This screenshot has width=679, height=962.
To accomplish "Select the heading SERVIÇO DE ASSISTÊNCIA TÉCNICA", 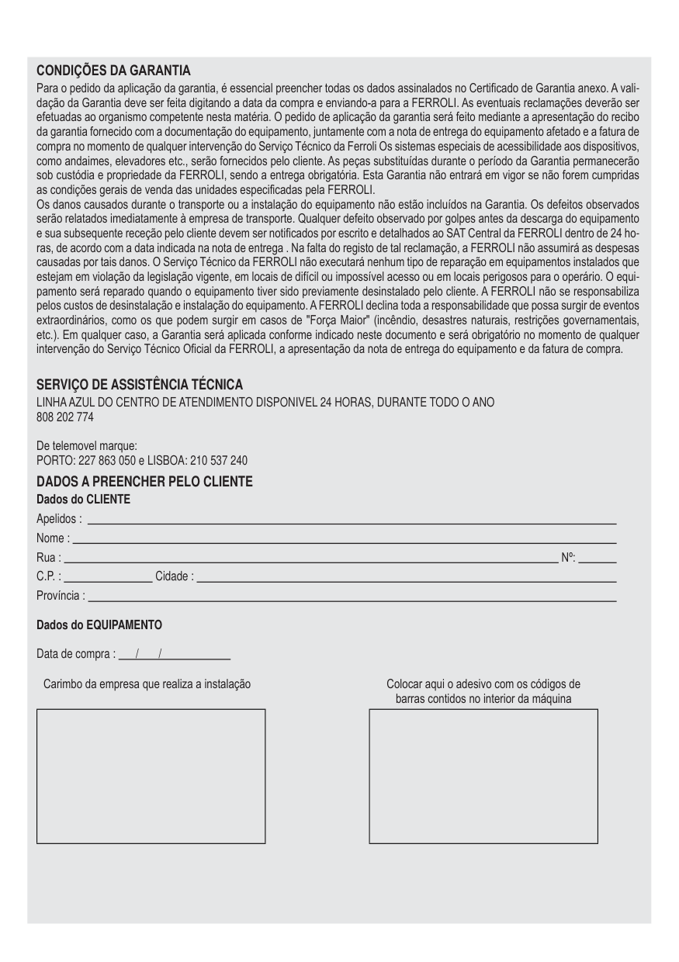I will (x=140, y=384).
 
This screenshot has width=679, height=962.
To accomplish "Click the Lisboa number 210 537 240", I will (x=219, y=460).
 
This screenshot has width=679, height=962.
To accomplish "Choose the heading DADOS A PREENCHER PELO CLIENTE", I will (x=144, y=482).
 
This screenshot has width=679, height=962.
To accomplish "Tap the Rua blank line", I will (x=310, y=559).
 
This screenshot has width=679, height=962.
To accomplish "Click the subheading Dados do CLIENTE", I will (x=83, y=499).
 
